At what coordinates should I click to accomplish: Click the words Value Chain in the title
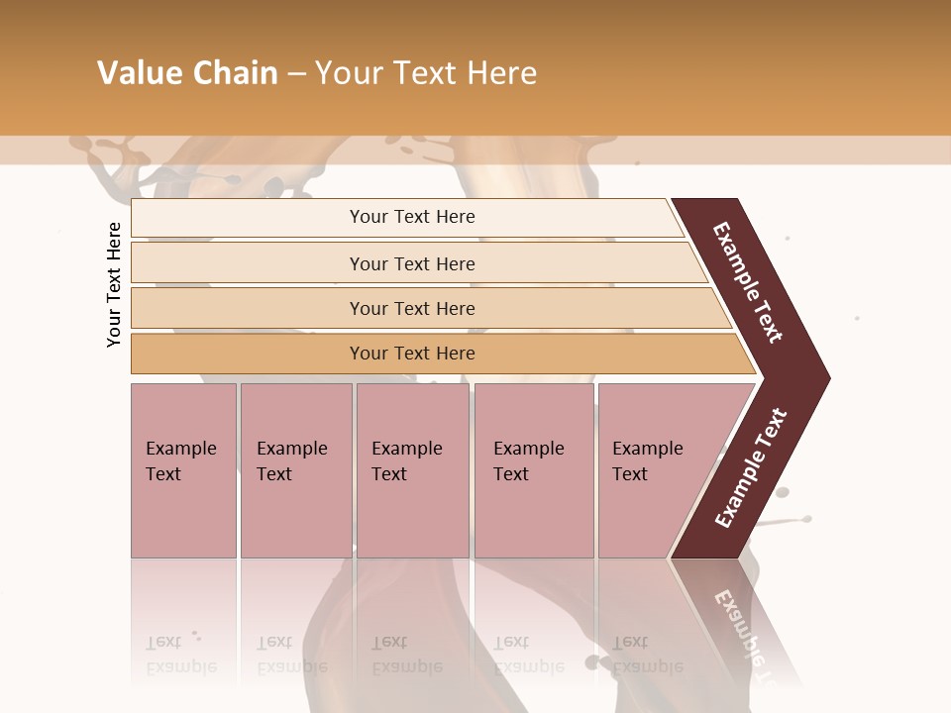pos(187,73)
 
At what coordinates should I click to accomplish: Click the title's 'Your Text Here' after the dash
pos(426,73)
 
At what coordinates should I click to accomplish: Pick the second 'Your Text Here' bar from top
pos(412,263)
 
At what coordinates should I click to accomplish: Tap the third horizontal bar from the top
pos(412,308)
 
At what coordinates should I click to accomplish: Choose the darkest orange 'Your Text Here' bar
pos(412,354)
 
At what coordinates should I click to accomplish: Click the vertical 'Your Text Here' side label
pos(114,284)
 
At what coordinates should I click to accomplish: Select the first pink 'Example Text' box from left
pos(183,469)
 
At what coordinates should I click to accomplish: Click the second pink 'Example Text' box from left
pos(295,469)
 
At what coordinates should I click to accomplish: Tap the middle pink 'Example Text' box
pos(412,469)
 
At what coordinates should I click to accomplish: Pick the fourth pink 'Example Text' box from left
pos(533,469)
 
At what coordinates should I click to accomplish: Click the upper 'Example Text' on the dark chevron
pos(749,281)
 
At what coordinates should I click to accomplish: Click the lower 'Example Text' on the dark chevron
pos(751,468)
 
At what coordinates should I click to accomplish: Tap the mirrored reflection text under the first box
pos(180,655)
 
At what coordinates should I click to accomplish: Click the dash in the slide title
pos(296,74)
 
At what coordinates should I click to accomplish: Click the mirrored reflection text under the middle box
pos(406,655)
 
